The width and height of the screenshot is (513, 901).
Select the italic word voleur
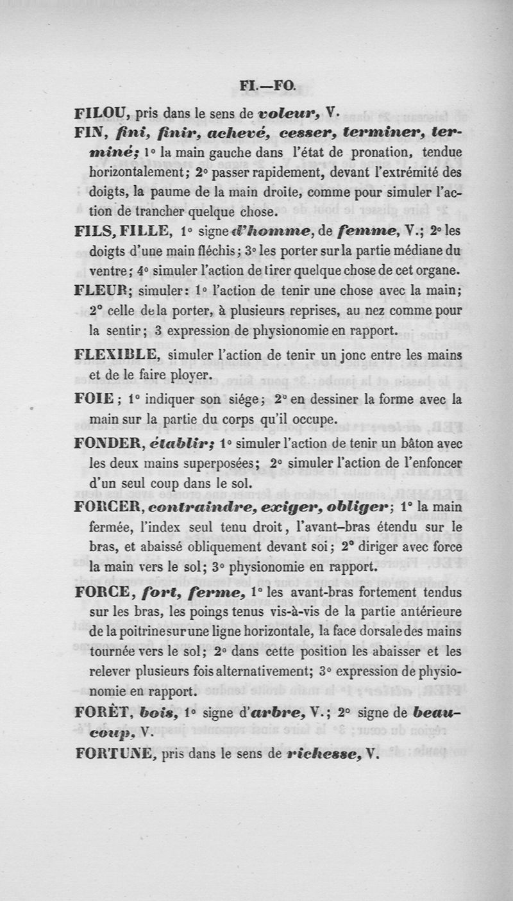(286, 113)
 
